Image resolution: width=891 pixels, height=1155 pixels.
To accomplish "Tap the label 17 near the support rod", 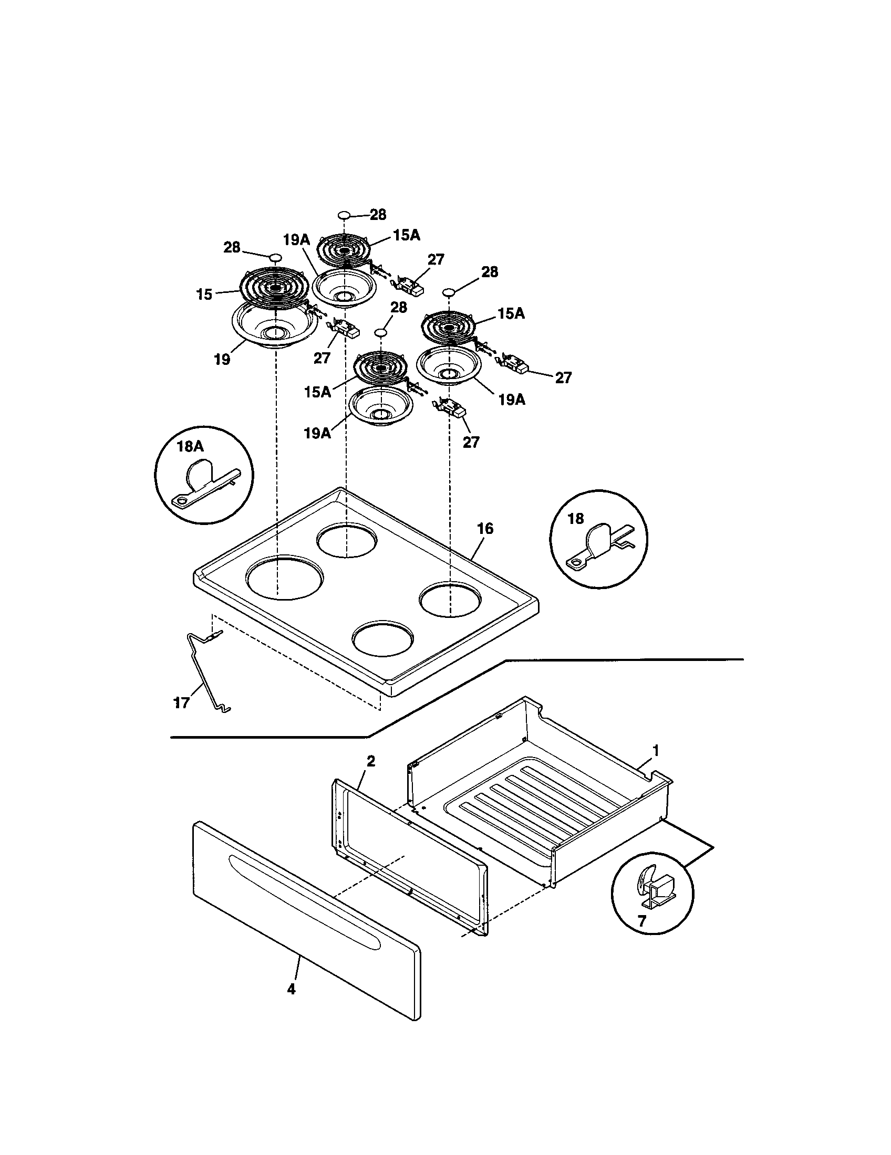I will click(181, 703).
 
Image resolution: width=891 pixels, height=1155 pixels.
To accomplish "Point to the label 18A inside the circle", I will click(190, 446).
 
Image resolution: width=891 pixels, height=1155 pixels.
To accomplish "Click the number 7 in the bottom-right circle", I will click(641, 921).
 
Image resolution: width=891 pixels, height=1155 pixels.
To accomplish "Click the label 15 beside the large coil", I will click(204, 295).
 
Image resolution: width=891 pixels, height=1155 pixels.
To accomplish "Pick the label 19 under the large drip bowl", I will click(222, 360).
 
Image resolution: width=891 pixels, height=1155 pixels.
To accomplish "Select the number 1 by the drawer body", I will click(656, 750).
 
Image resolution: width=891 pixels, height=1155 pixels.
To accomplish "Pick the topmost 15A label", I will click(406, 235).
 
